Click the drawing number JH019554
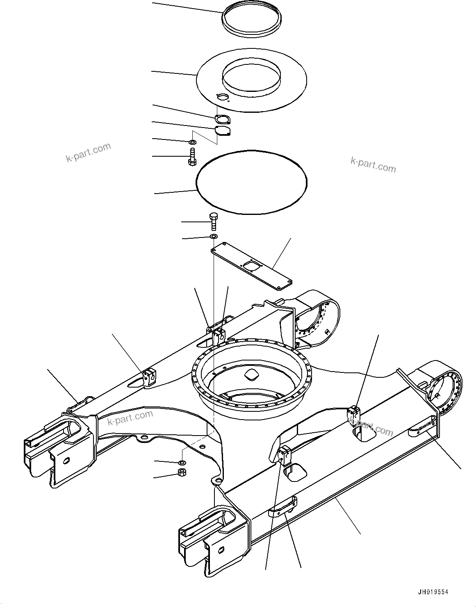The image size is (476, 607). point(433,592)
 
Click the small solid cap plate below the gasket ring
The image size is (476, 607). point(223,130)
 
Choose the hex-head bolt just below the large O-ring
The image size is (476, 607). point(213,221)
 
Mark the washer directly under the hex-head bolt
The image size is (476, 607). point(213,237)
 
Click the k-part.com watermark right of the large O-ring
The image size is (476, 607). point(373,165)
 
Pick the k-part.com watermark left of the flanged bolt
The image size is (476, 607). point(88,152)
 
